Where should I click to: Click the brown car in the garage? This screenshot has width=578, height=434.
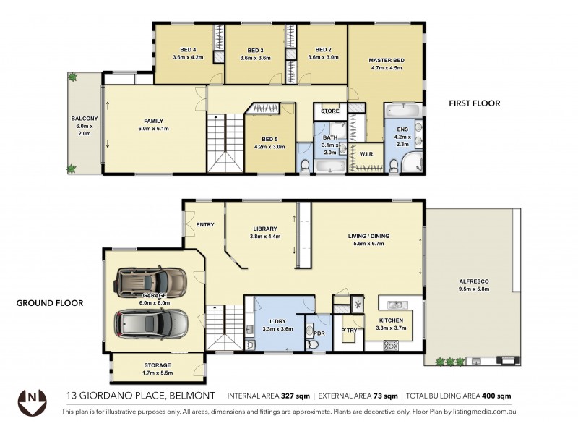click(152, 283)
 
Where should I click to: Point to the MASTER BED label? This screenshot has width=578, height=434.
click(386, 60)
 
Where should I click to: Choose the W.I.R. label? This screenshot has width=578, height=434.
click(366, 153)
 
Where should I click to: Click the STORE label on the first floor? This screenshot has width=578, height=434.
click(330, 111)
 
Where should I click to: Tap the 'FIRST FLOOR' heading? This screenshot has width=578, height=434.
click(475, 103)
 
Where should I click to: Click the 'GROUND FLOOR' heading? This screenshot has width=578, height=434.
click(49, 303)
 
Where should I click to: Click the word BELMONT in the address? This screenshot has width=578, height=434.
click(194, 396)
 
